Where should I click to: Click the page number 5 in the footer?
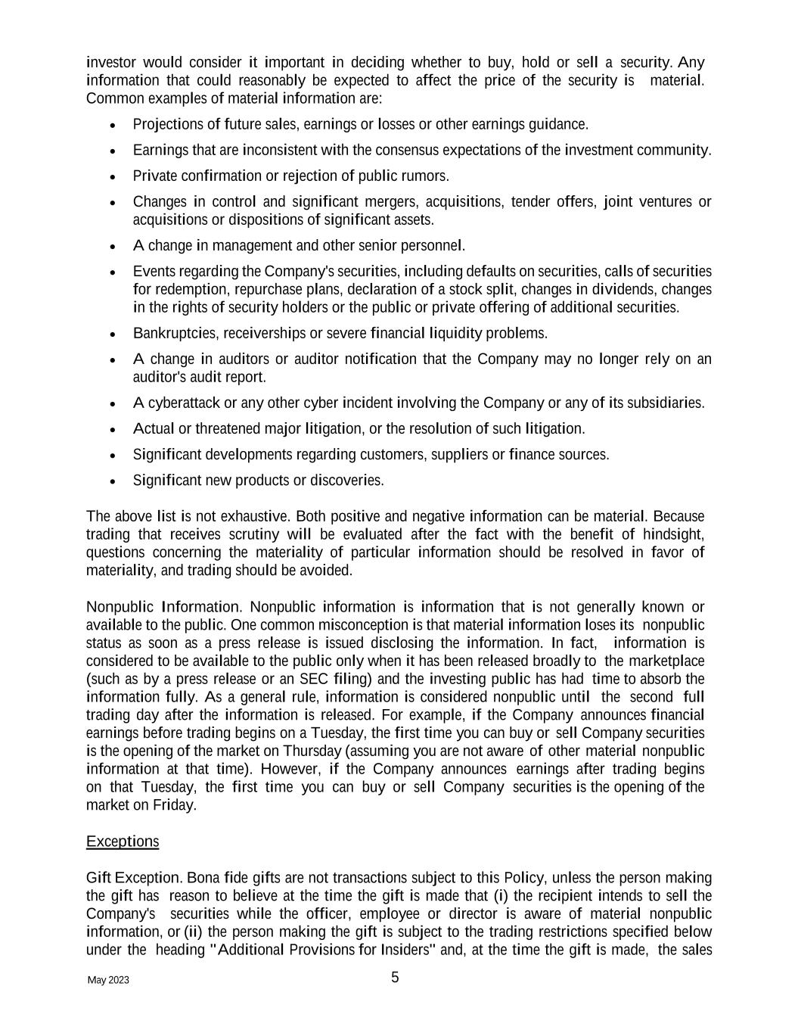tap(395, 978)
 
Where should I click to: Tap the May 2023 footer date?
tap(108, 981)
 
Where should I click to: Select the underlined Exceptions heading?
tap(123, 842)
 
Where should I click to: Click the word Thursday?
tap(312, 751)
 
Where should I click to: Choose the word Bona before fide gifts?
tap(203, 878)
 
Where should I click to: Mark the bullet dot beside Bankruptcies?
tap(113, 334)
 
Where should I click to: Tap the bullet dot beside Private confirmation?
tap(113, 176)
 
